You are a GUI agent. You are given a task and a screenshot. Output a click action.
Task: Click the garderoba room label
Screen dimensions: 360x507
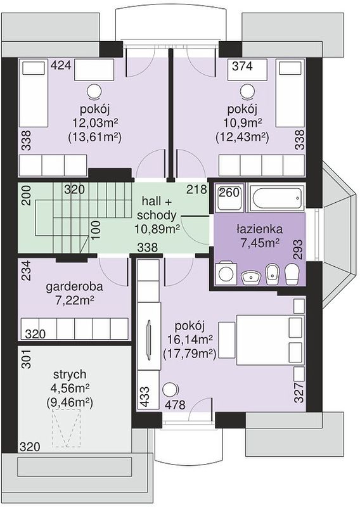(74, 287)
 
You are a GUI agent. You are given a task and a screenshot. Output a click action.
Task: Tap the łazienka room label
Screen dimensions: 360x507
(259, 229)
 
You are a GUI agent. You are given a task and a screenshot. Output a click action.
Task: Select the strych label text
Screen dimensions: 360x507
(70, 375)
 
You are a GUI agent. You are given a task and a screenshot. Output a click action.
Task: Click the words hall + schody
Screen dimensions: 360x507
(157, 209)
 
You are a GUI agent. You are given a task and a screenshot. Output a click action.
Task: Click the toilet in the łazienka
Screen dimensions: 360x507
(293, 273)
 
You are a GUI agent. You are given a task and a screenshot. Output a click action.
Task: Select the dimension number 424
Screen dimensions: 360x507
(61, 65)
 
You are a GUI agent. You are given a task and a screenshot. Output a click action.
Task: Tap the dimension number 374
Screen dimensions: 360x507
(243, 66)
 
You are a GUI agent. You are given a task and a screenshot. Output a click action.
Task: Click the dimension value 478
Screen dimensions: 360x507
(175, 404)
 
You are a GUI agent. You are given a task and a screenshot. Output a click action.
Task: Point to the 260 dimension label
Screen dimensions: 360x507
(229, 193)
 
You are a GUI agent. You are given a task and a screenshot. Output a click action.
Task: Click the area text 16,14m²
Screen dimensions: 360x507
(190, 340)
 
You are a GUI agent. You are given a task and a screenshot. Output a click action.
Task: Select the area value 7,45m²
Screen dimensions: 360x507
(260, 243)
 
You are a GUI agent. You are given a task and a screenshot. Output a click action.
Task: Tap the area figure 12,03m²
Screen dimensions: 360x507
(94, 123)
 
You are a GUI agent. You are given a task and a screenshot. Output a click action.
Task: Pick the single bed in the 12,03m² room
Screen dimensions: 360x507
(34, 93)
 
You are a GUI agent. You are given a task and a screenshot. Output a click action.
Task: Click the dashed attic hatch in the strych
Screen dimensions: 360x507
(66, 428)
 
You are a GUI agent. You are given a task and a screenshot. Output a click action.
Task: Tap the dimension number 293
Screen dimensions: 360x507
(299, 250)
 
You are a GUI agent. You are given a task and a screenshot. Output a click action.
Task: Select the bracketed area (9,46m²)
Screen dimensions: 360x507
(70, 402)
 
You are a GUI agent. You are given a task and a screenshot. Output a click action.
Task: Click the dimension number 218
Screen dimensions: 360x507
(196, 189)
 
